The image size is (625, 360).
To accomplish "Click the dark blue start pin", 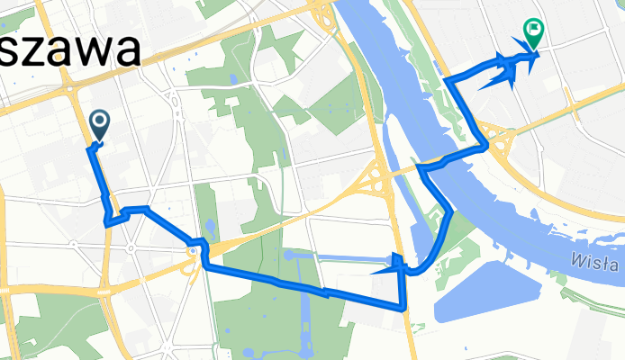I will (x=97, y=124).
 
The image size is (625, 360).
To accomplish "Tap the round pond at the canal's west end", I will (x=287, y=256).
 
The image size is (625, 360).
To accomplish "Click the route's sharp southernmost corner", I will (x=402, y=307).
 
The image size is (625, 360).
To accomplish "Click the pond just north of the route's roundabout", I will (x=209, y=226).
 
